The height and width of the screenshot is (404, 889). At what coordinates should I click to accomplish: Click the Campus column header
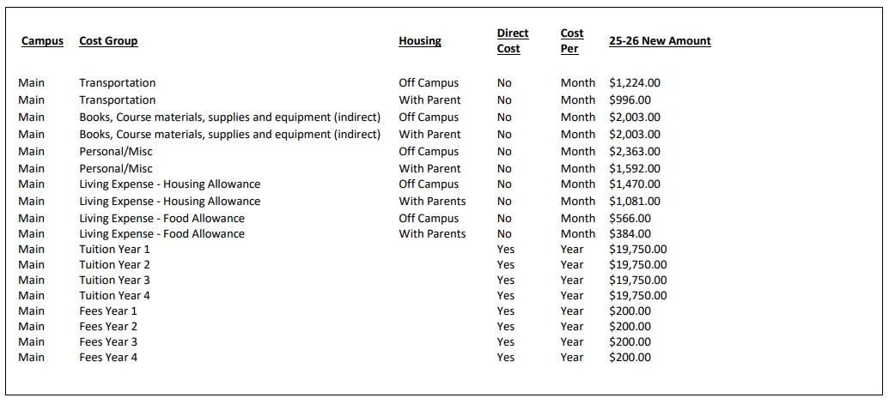click(42, 41)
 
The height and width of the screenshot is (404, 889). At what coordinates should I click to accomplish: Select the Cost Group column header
click(108, 41)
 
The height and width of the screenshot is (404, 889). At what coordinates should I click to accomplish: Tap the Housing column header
click(420, 41)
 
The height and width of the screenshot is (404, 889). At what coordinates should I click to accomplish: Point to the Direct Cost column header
click(513, 41)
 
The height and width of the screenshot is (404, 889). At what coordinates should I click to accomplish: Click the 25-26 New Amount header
click(660, 41)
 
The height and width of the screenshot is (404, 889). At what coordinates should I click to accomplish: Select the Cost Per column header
click(572, 41)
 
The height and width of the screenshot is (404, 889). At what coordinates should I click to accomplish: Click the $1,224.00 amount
click(635, 83)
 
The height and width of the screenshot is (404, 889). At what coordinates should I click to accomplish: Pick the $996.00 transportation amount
click(630, 100)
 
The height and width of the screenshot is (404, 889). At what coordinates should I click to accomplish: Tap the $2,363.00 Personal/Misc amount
click(635, 152)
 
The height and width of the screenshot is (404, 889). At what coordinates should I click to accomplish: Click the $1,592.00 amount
click(635, 169)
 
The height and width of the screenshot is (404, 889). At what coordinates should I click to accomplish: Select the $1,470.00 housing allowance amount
click(635, 184)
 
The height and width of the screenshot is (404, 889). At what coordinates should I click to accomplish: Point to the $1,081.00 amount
click(635, 202)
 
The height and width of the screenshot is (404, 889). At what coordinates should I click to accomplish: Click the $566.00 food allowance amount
click(630, 219)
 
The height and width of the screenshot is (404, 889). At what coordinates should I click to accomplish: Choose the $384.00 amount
click(630, 234)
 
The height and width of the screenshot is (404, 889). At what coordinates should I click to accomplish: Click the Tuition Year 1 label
click(115, 250)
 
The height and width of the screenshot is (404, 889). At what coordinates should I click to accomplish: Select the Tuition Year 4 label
click(115, 296)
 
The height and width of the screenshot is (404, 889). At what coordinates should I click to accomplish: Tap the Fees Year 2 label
click(108, 327)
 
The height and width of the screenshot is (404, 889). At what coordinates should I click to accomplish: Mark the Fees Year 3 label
click(108, 342)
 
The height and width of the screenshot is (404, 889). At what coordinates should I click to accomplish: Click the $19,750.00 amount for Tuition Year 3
click(638, 280)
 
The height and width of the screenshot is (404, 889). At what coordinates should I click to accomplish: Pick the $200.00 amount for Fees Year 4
click(630, 358)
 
